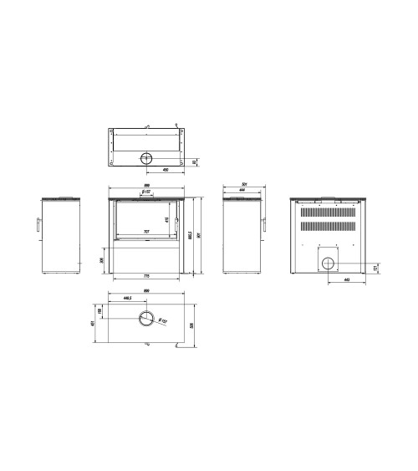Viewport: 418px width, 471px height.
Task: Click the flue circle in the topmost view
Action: (147, 158)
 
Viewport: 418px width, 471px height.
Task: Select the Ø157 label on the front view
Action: (145, 192)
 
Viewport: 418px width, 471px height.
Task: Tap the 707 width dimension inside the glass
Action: (146, 232)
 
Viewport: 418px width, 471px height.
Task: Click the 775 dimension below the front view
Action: (145, 276)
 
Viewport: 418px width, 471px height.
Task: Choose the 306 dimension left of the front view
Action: (101, 260)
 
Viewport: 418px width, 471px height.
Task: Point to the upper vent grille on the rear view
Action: (328, 212)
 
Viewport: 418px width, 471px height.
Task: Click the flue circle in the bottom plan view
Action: (146, 317)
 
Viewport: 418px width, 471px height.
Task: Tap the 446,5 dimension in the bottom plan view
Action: (128, 298)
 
